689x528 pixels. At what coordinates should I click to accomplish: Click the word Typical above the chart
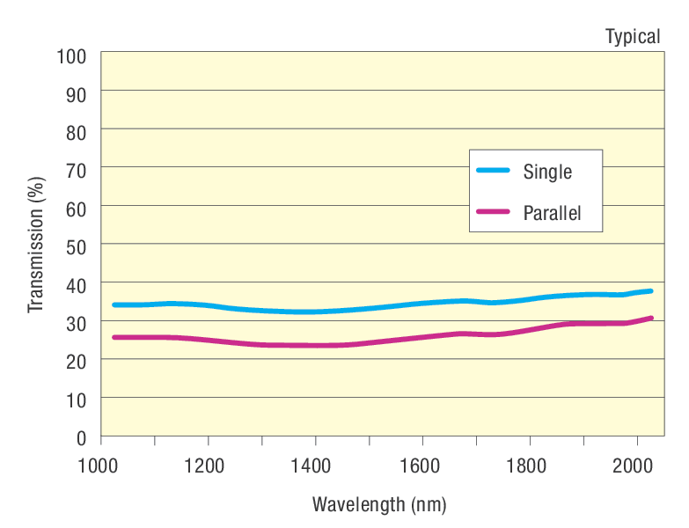(632, 36)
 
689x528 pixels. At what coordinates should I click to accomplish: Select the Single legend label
(547, 172)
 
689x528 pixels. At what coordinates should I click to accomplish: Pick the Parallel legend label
(552, 213)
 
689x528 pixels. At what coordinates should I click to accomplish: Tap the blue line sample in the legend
(493, 171)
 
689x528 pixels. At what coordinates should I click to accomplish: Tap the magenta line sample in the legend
(493, 212)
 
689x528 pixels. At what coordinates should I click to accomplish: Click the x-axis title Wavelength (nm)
(378, 505)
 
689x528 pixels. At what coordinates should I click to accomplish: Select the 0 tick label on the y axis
(81, 436)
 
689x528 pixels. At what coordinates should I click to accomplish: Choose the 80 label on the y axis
(76, 130)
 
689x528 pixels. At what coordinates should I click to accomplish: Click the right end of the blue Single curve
(650, 290)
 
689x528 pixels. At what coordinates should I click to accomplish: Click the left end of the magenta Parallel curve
(114, 337)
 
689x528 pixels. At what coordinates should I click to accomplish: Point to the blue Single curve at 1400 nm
(315, 312)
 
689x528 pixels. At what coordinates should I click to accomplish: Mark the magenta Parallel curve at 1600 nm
(422, 337)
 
